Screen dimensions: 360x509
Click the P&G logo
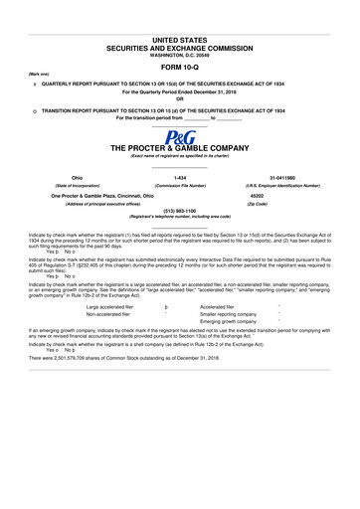click(x=180, y=135)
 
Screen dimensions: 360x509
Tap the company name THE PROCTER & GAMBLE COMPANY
click(x=180, y=147)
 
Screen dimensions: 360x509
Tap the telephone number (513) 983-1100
click(x=180, y=211)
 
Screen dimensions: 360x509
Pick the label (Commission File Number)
click(x=180, y=186)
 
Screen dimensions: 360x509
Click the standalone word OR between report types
click(x=180, y=98)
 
